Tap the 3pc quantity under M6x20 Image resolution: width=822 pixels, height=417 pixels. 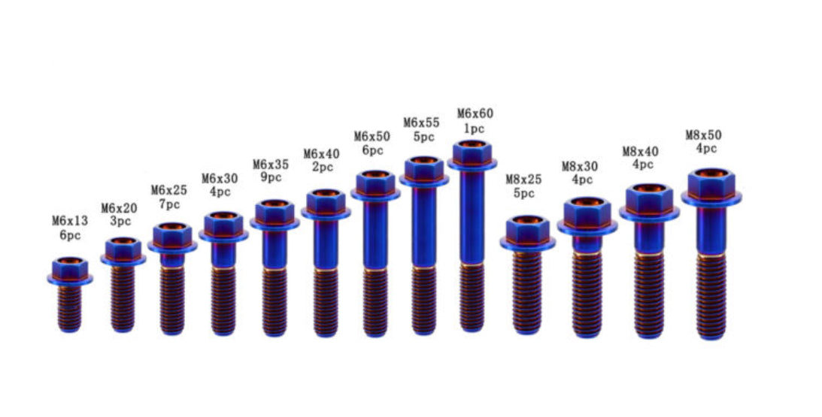(x=119, y=222)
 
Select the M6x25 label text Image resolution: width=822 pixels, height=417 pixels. (x=168, y=190)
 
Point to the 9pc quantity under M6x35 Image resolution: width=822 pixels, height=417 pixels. (x=270, y=177)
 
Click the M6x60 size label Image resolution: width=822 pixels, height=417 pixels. (x=475, y=114)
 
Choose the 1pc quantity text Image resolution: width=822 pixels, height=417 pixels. (x=475, y=128)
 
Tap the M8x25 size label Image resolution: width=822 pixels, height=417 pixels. (x=523, y=179)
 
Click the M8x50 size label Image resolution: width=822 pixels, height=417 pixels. (x=703, y=135)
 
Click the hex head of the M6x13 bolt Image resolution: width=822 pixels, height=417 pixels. (x=70, y=267)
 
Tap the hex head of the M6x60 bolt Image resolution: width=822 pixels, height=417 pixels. (x=472, y=153)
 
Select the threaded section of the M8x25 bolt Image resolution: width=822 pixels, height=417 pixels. (x=527, y=289)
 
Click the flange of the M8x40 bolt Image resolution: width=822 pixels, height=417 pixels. (x=649, y=213)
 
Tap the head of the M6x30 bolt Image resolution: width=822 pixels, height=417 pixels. (x=223, y=224)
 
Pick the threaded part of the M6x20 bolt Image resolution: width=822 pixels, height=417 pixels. (x=122, y=297)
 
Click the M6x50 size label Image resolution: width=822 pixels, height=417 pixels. (x=372, y=136)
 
